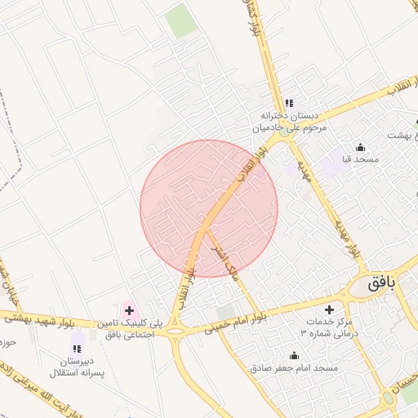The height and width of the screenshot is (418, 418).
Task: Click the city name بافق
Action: tap(380, 285)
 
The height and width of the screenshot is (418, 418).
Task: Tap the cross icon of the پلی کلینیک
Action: tap(128, 310)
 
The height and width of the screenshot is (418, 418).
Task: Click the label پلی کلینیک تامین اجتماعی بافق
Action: tap(131, 330)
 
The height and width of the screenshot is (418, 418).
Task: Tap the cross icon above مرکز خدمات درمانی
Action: tap(329, 309)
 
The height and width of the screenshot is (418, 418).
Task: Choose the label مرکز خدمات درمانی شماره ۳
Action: tap(328, 328)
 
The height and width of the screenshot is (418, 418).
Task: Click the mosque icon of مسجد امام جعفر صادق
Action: tap(295, 356)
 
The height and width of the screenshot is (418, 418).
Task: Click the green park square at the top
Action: tap(181, 21)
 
